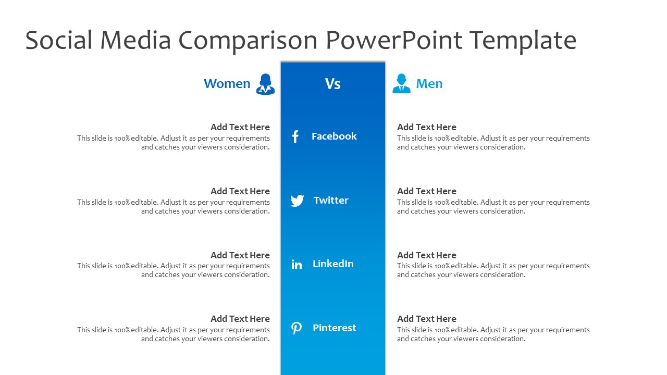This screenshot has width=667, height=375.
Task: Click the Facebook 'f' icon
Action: point(295,137)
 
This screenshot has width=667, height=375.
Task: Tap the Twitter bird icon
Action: point(297,201)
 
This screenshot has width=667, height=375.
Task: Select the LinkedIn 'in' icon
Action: point(297,264)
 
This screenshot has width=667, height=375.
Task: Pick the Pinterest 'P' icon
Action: point(297,328)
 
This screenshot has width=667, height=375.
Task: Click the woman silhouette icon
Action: point(265,84)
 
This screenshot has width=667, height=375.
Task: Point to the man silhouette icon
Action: point(401,83)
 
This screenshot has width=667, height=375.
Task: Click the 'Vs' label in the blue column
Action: point(332,84)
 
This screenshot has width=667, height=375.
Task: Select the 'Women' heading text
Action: point(227,84)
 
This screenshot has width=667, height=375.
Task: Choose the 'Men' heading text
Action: point(429,84)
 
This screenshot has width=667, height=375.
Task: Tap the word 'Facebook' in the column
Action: point(334,136)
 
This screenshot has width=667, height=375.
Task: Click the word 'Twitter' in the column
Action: point(331,200)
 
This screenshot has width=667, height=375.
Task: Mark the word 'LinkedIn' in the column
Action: point(333,264)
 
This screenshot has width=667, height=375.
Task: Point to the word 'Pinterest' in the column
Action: point(335,328)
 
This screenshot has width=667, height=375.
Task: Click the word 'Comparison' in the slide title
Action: point(248,41)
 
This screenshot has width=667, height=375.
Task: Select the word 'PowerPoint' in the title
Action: point(394,40)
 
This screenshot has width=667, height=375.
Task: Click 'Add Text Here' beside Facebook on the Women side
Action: point(240,127)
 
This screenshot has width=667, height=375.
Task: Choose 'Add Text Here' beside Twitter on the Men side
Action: point(426,191)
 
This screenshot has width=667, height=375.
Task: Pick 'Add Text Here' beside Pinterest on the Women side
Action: point(240,319)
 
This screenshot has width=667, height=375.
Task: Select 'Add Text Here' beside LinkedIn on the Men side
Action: point(426,255)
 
